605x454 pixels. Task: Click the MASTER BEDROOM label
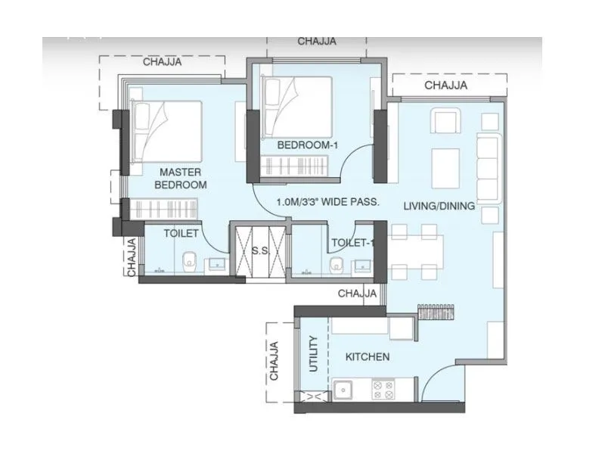[x=180, y=178]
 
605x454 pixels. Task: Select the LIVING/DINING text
[x=439, y=206]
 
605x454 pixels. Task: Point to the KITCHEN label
[x=368, y=356]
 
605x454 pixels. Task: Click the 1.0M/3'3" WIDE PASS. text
[x=327, y=202]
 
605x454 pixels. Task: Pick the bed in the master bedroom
[x=166, y=130]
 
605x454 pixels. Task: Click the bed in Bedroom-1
[x=297, y=106]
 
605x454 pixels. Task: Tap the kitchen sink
[x=345, y=390]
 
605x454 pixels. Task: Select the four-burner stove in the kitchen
[x=382, y=390]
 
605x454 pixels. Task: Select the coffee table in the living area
[x=445, y=168]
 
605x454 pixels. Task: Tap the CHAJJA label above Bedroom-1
[x=316, y=42]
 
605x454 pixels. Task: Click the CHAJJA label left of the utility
[x=275, y=361]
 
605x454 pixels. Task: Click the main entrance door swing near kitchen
[x=440, y=382]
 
